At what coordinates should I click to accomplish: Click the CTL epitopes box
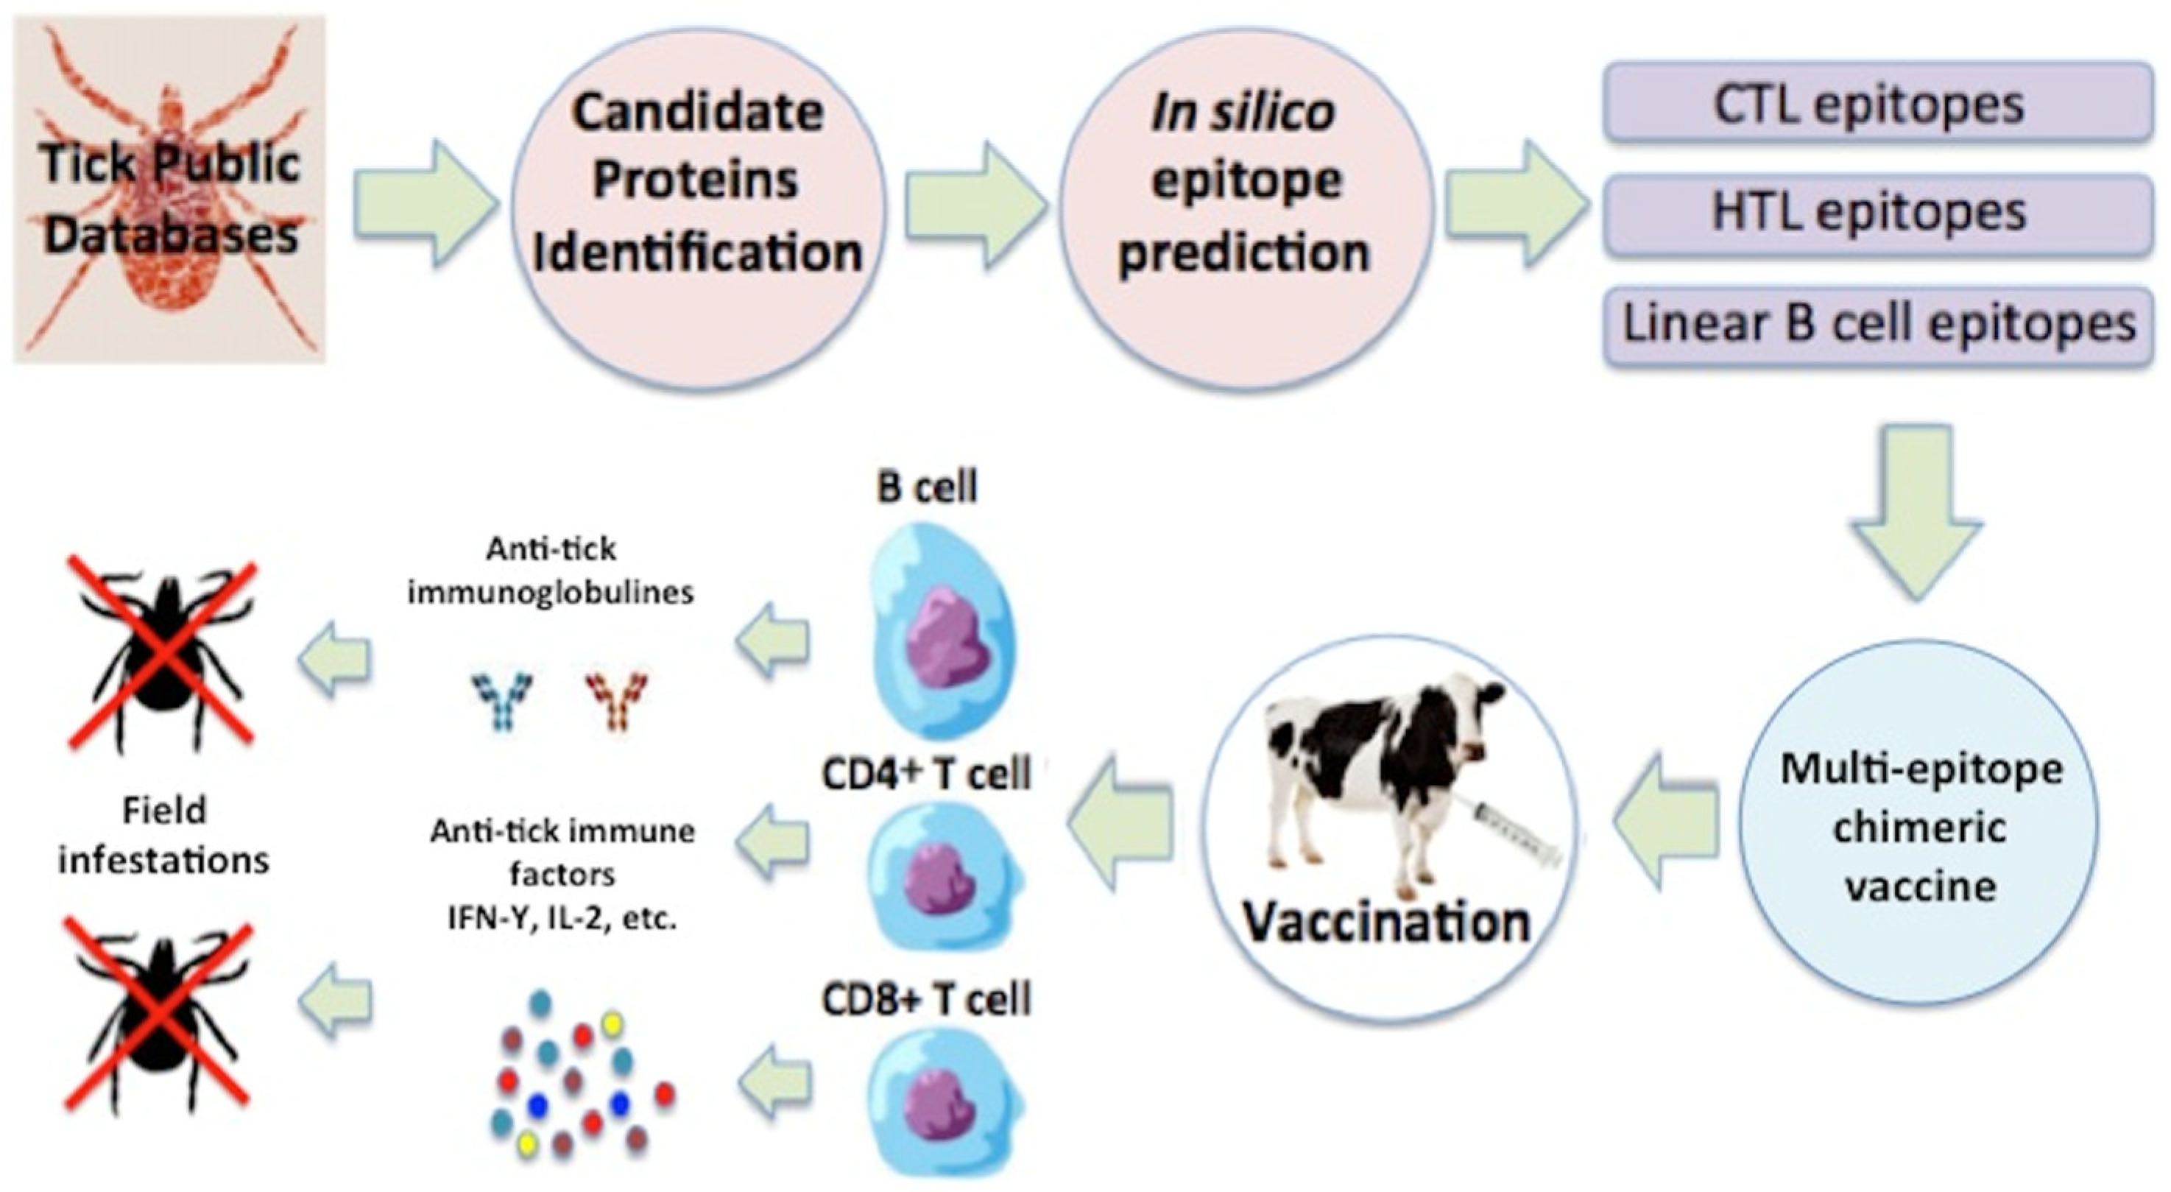coord(1878,105)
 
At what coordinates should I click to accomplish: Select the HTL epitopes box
coord(1878,214)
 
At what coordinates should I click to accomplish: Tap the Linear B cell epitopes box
coord(1878,325)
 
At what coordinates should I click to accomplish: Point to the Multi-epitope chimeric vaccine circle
coord(1919,825)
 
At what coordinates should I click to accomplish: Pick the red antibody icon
coord(618,699)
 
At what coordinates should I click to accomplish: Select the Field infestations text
coord(163,836)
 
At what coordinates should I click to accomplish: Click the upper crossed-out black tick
coord(162,653)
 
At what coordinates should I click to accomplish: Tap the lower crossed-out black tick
coord(158,1016)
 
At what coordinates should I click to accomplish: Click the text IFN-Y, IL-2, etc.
coord(562,918)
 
